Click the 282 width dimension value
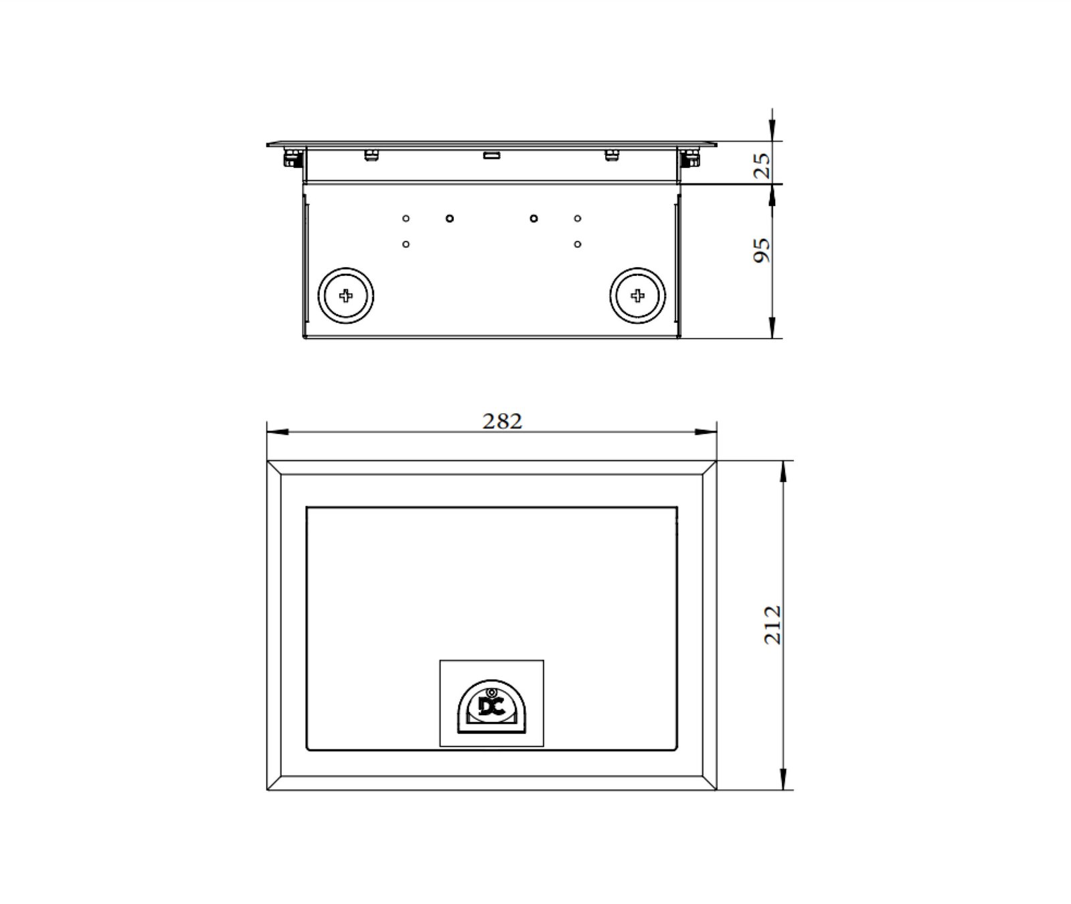tap(502, 421)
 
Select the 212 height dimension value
tap(772, 625)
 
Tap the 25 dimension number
tap(762, 165)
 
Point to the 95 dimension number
tap(762, 250)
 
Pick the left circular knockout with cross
tap(345, 295)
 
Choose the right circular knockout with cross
tap(638, 295)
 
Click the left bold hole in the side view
tap(450, 218)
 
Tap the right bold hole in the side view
tap(533, 218)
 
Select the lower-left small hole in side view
tap(406, 244)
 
